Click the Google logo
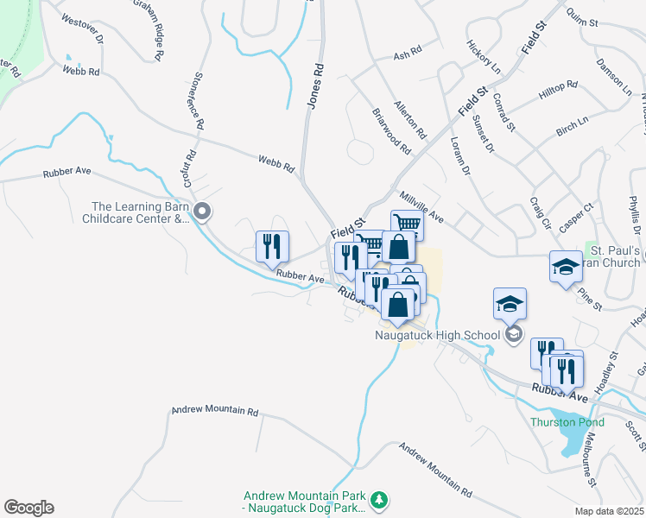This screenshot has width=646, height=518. pyautogui.click(x=28, y=508)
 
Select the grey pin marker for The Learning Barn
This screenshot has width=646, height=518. pyautogui.click(x=202, y=212)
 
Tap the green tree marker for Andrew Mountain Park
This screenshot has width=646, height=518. pyautogui.click(x=378, y=500)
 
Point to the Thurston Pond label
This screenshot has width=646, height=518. pyautogui.click(x=567, y=422)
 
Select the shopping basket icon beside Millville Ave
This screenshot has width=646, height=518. pyautogui.click(x=407, y=225)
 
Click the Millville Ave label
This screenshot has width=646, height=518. pyautogui.click(x=421, y=208)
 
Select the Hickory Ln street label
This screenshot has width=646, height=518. pyautogui.click(x=483, y=54)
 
